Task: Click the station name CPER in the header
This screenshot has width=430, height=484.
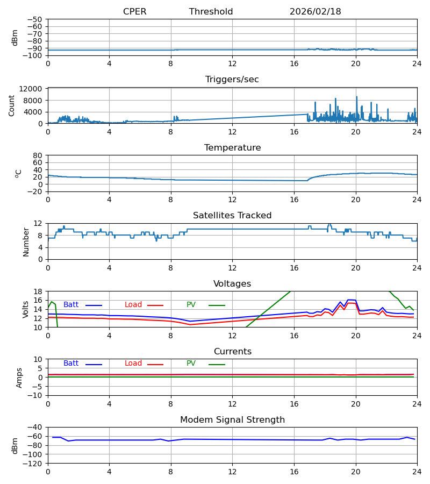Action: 134,12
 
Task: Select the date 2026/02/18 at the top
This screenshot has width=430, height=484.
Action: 315,12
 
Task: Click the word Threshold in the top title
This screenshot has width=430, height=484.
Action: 211,12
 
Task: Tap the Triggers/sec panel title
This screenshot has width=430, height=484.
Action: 232,80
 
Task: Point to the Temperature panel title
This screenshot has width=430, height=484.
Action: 232,148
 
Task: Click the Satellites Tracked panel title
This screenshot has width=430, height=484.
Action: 232,216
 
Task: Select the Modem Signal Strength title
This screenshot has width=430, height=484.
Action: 232,420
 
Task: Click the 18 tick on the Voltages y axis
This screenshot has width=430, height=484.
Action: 38,291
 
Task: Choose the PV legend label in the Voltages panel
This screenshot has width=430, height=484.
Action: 191,305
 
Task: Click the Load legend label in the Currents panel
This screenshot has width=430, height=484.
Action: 133,364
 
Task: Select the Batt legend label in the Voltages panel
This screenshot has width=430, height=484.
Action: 71,305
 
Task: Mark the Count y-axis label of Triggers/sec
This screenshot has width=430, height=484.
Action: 12,105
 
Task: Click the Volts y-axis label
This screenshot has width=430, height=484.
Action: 26,309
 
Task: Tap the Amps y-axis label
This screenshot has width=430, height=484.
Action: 19,378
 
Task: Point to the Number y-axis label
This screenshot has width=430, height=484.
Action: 26,241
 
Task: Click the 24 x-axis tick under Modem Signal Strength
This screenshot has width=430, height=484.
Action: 417,472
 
